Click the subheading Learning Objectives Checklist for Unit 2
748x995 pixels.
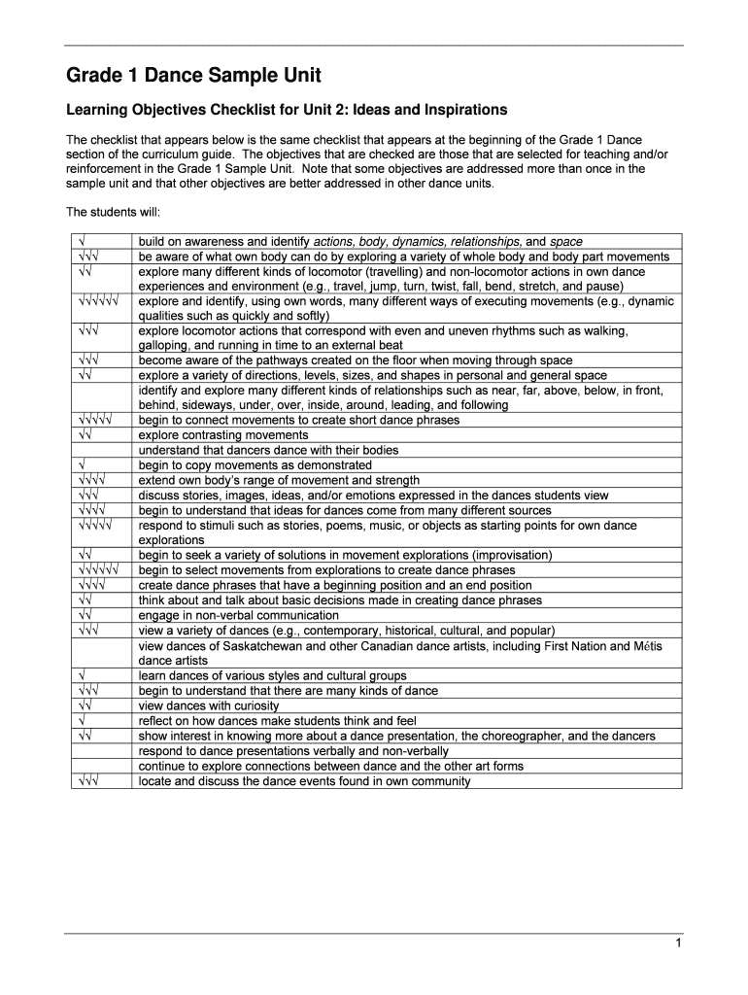[x=286, y=110]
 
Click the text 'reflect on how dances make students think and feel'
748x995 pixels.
[x=278, y=721]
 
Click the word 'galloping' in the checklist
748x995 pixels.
[x=164, y=345]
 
